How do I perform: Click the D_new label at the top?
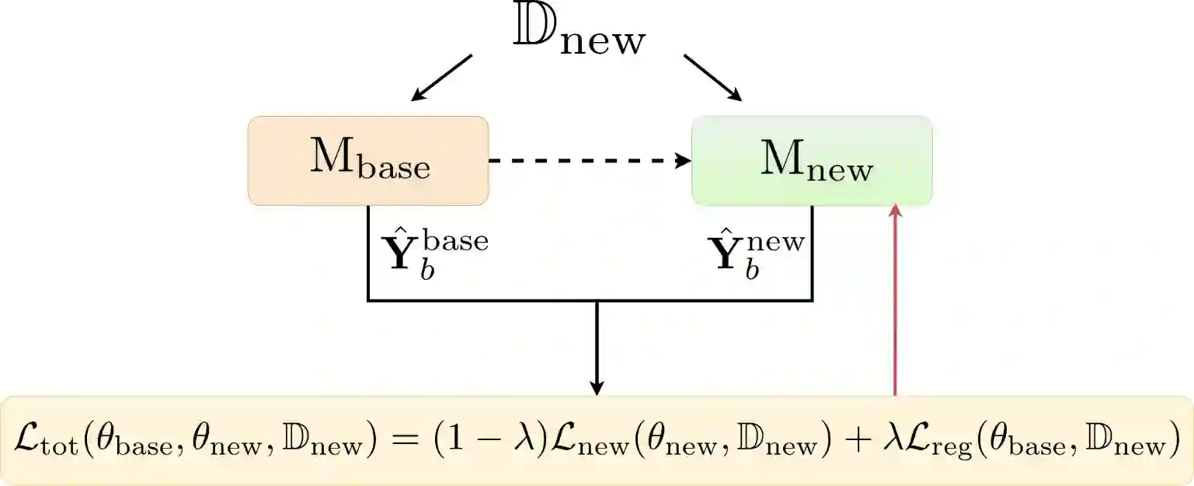point(580,36)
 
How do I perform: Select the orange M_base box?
point(368,161)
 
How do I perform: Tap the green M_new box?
point(812,161)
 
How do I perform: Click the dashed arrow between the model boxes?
point(589,161)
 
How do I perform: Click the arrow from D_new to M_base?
point(442,78)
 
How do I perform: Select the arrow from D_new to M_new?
point(712,78)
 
